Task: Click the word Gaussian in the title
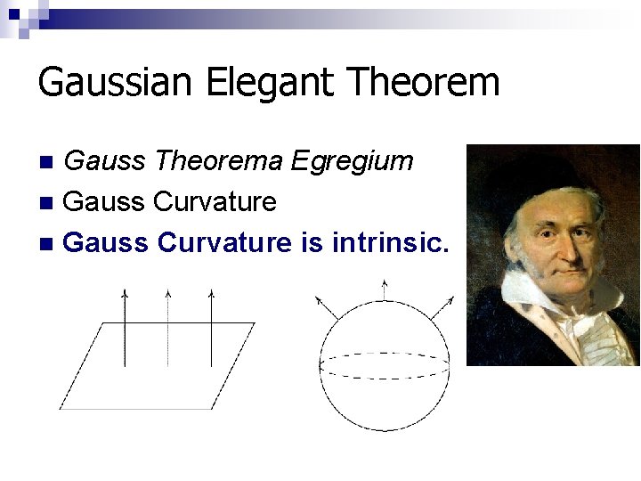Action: [114, 82]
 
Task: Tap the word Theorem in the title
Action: [425, 82]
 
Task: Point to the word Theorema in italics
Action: [219, 161]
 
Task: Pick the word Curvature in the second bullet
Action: [215, 201]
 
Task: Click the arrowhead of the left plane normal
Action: [125, 293]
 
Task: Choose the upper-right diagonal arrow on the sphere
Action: [442, 308]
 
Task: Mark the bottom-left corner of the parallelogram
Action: [61, 408]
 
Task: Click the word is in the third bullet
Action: [312, 241]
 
